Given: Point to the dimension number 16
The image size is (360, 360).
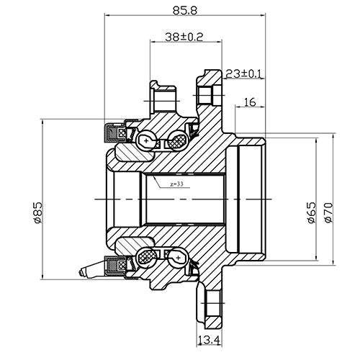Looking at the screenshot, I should tap(250, 102).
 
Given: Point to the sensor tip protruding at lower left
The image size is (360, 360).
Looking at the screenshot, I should tap(89, 271).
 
